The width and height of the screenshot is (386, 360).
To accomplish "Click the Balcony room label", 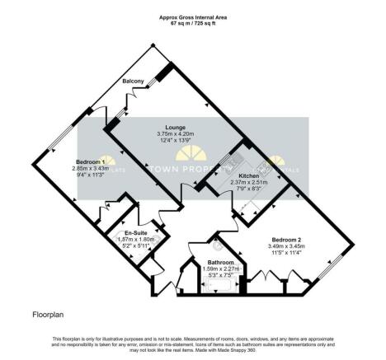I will (134, 82).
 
